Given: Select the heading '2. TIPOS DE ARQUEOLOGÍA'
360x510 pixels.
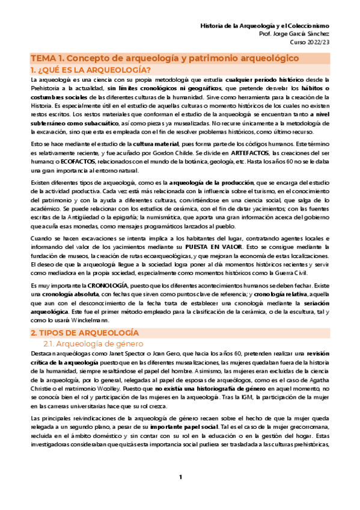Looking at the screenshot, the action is pyautogui.click(x=84, y=333).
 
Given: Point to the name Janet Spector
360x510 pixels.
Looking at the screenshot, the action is pyautogui.click(x=121, y=355).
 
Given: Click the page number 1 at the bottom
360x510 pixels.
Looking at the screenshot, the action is pyautogui.click(x=180, y=494).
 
